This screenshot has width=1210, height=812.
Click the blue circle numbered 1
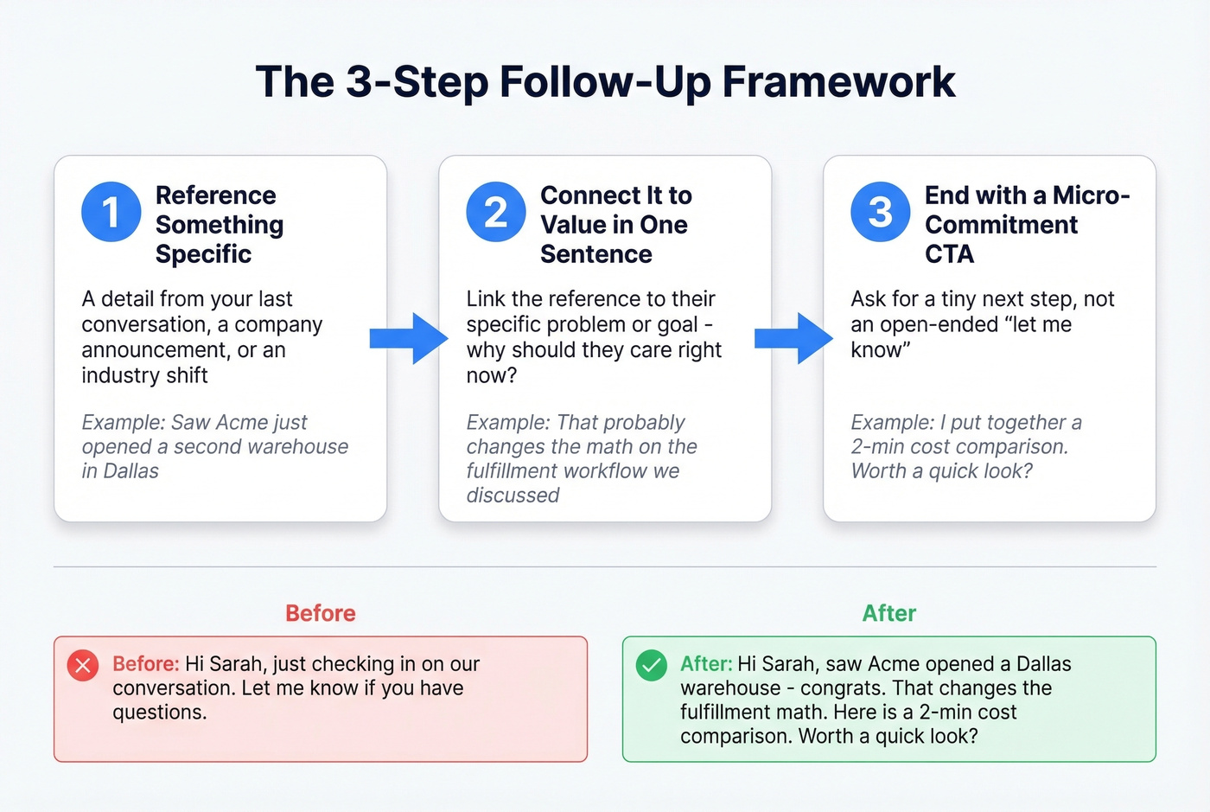(111, 212)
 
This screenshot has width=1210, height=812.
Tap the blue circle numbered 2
(495, 212)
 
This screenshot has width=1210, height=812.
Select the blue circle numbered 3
(880, 212)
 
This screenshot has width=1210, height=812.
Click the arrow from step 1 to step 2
(409, 338)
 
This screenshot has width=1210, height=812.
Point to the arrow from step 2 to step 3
(793, 338)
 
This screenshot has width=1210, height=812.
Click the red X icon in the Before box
(83, 665)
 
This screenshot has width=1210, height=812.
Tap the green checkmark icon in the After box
(651, 665)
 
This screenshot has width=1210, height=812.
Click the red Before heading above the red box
(321, 613)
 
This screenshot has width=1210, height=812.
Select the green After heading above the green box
(888, 613)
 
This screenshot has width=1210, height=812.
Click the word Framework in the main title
(838, 82)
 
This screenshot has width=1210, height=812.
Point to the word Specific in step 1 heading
(203, 254)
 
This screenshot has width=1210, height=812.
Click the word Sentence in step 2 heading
(595, 254)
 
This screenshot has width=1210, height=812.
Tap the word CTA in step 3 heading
(949, 254)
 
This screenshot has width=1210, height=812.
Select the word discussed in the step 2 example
(513, 496)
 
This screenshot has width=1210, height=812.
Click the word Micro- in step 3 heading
(1091, 195)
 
